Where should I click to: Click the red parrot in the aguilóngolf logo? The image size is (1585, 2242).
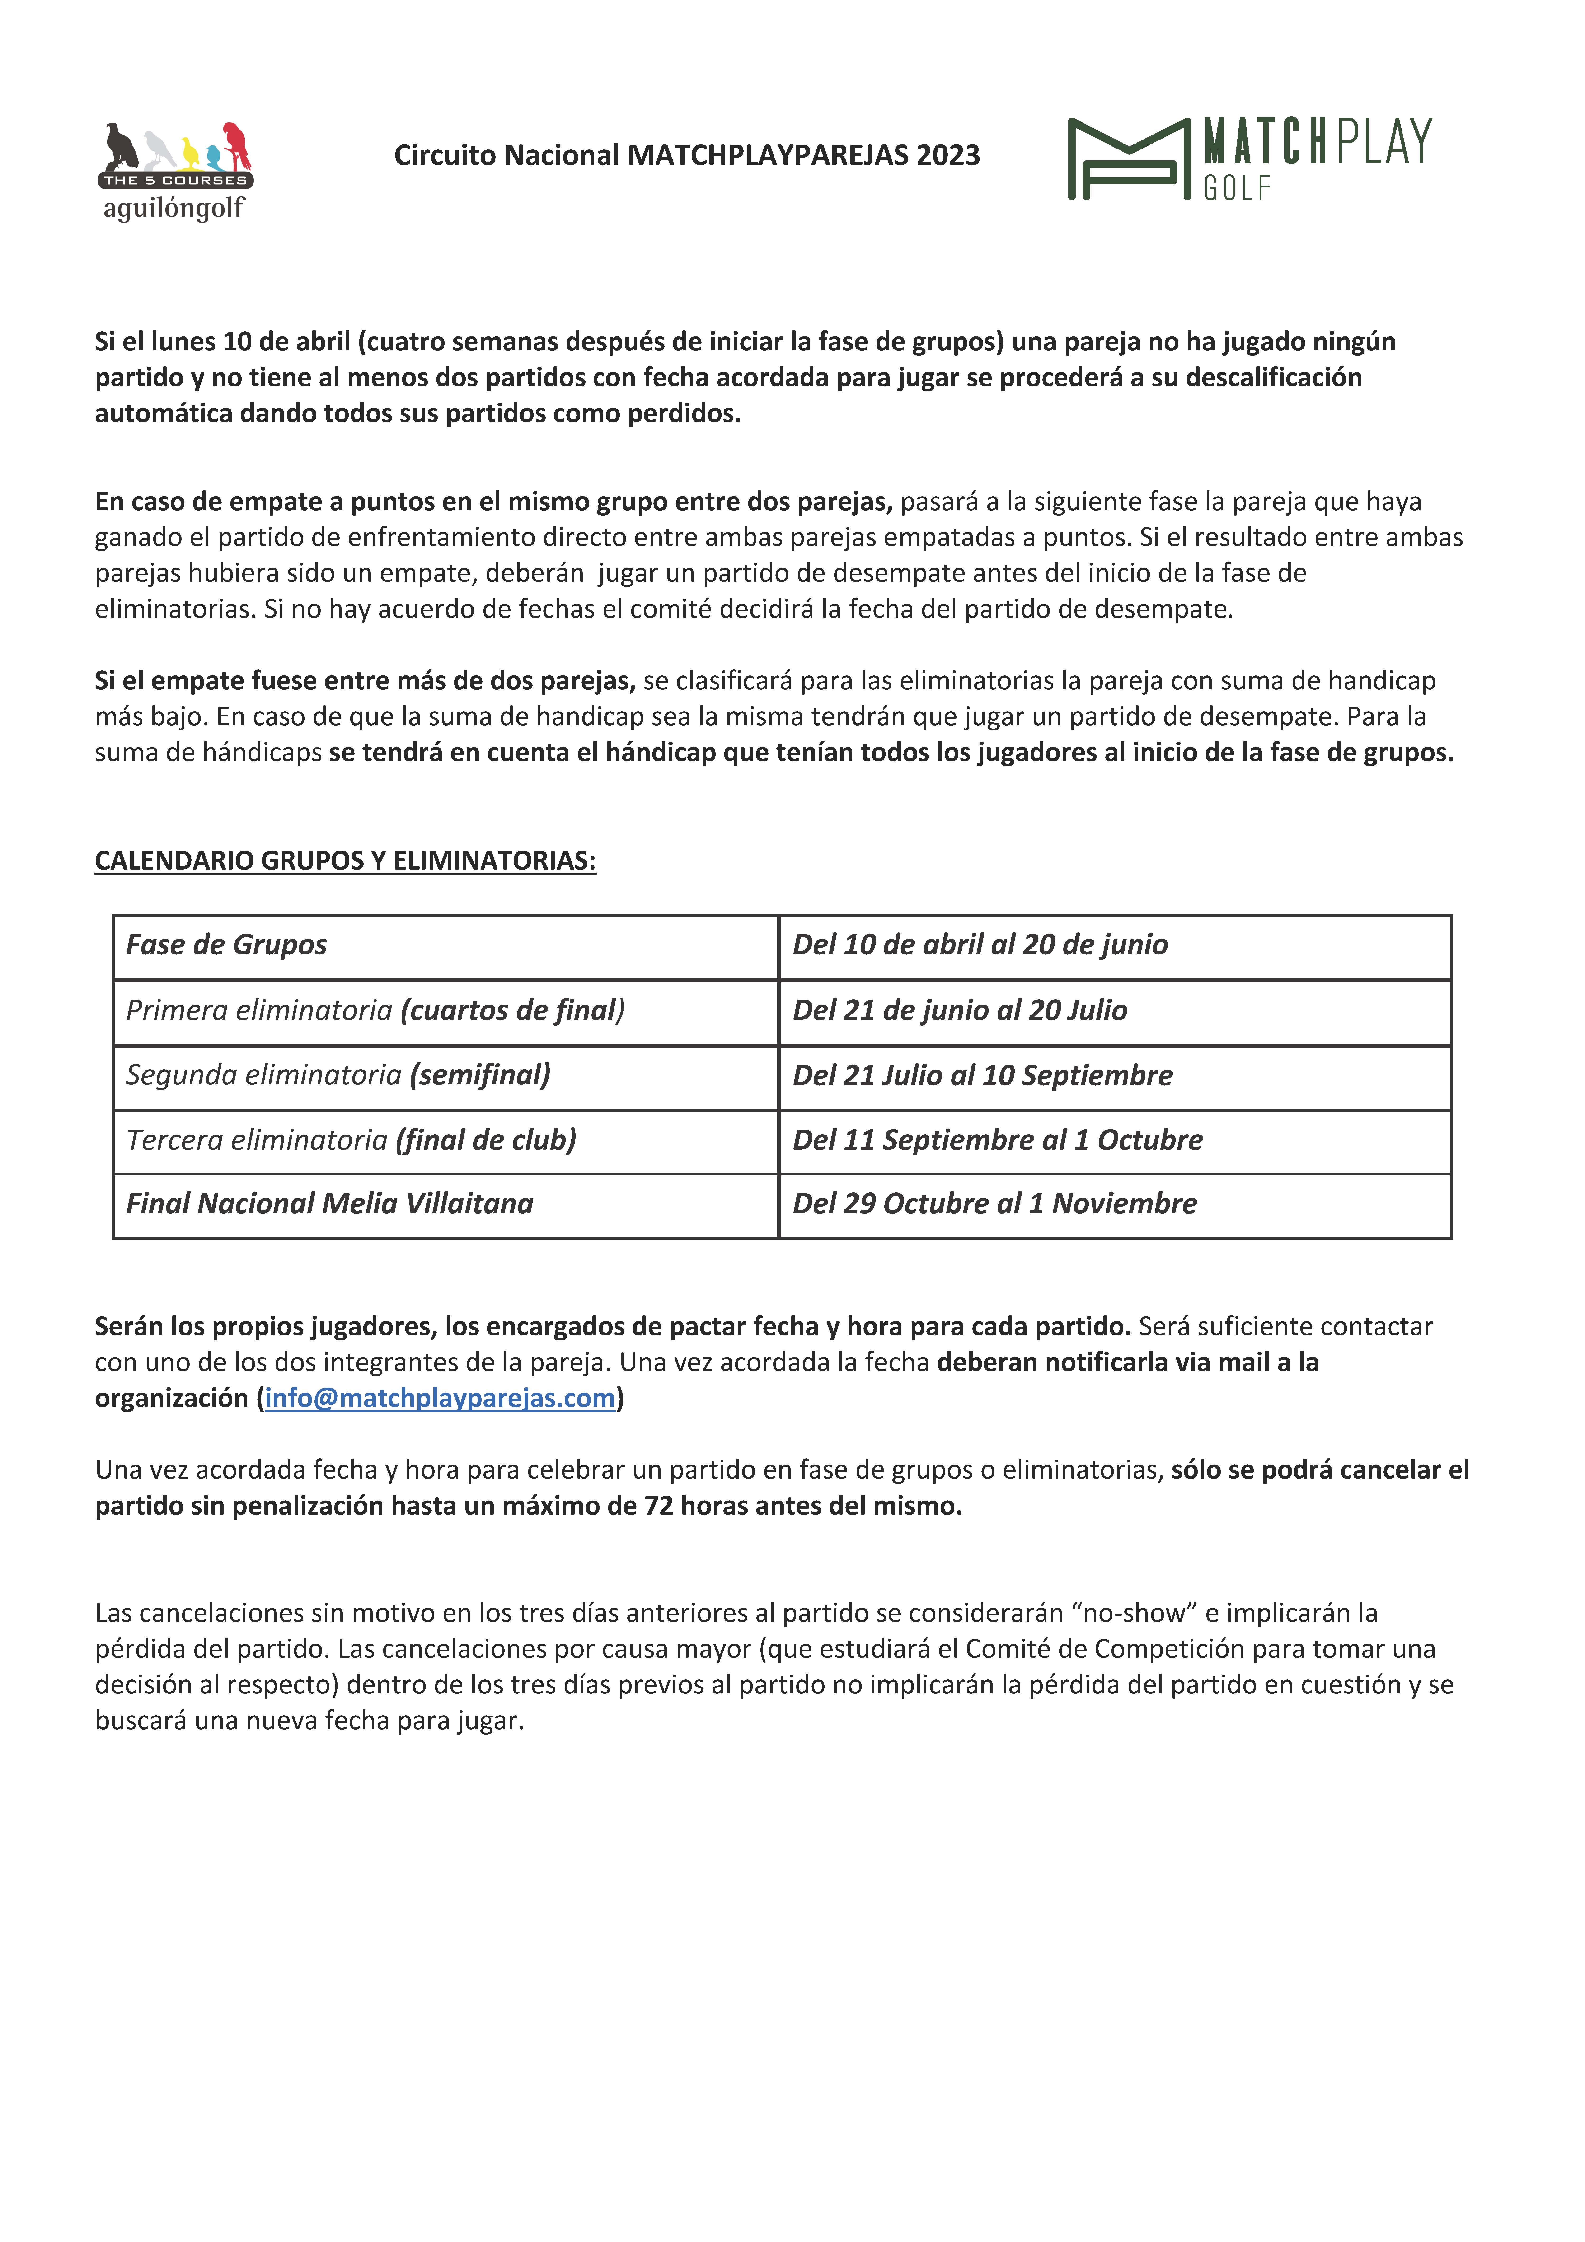tap(236, 144)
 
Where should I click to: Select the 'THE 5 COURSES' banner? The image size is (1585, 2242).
tap(176, 181)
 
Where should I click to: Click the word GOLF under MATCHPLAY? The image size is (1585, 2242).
tap(1237, 187)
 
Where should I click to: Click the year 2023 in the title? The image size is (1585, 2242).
tap(947, 155)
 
